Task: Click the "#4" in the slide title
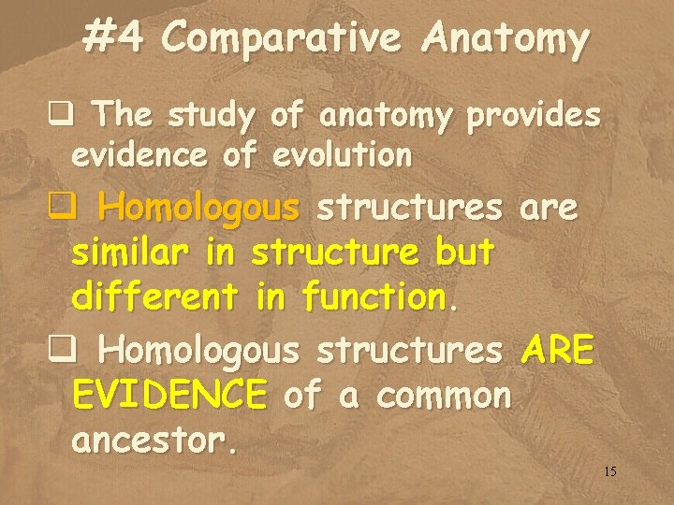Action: (x=113, y=38)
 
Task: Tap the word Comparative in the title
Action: (x=282, y=38)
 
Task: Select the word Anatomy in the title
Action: (x=505, y=38)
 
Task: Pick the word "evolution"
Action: (x=342, y=155)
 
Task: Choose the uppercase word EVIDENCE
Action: (x=169, y=396)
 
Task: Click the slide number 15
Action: (x=609, y=471)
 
